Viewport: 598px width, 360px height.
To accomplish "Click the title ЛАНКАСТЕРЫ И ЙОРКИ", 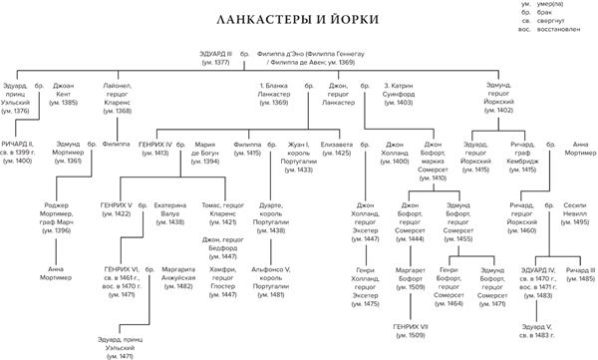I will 299,20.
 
